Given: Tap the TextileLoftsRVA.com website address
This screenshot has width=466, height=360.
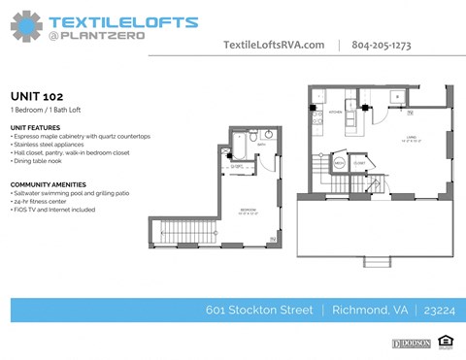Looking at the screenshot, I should click(275, 45).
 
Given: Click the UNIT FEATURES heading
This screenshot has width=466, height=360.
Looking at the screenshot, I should click(35, 127).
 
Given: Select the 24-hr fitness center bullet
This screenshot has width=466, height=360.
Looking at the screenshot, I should click(45, 201).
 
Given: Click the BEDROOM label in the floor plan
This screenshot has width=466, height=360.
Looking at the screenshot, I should click(248, 211).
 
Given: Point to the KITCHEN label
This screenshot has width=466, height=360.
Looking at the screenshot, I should click(336, 113).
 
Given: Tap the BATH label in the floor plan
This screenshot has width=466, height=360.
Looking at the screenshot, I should click(261, 144).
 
